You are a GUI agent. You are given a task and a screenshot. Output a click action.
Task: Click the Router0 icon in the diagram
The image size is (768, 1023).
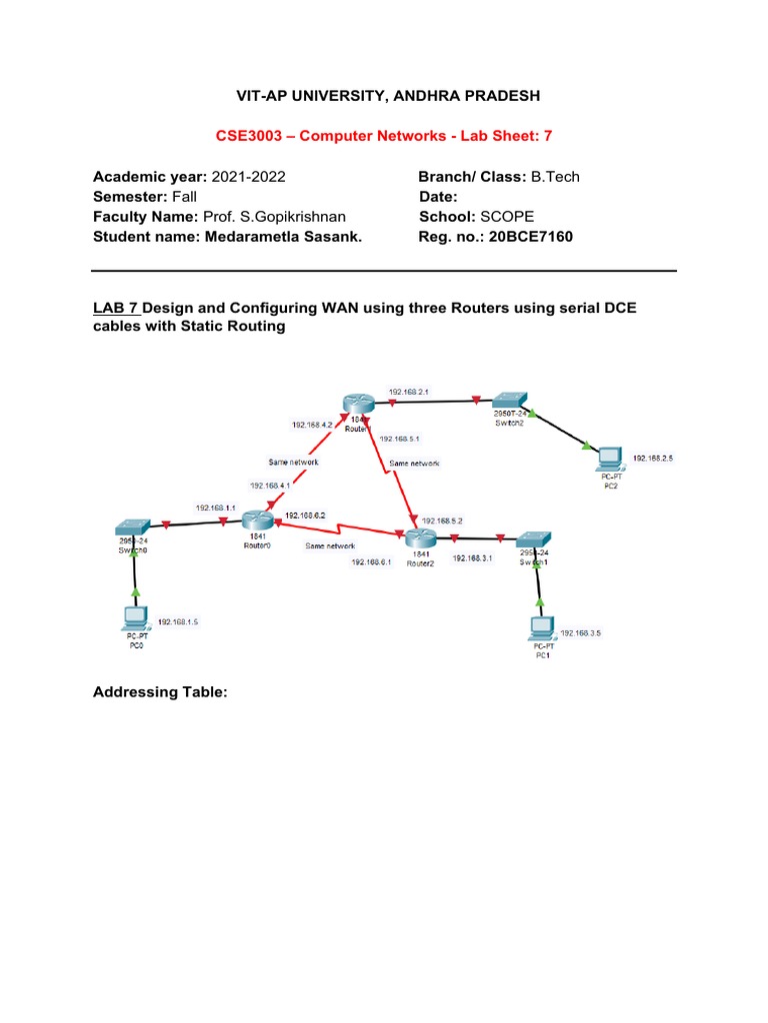pos(257,519)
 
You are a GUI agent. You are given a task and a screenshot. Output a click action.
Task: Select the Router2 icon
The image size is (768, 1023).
pos(420,539)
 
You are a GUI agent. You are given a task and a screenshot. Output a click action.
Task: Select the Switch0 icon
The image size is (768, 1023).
pos(132,527)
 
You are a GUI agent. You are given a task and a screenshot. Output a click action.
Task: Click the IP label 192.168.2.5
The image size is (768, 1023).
pos(654,459)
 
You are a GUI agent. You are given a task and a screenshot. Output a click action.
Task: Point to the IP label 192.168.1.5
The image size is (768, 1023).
pos(178,620)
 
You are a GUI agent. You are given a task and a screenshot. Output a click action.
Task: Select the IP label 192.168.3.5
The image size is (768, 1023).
pos(581,633)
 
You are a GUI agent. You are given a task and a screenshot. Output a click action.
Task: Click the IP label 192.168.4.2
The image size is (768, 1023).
pos(311,425)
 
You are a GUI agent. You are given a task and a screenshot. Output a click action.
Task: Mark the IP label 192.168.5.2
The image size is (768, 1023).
pos(442,520)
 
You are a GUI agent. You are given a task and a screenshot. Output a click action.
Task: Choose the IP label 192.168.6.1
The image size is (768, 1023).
pos(371,562)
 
